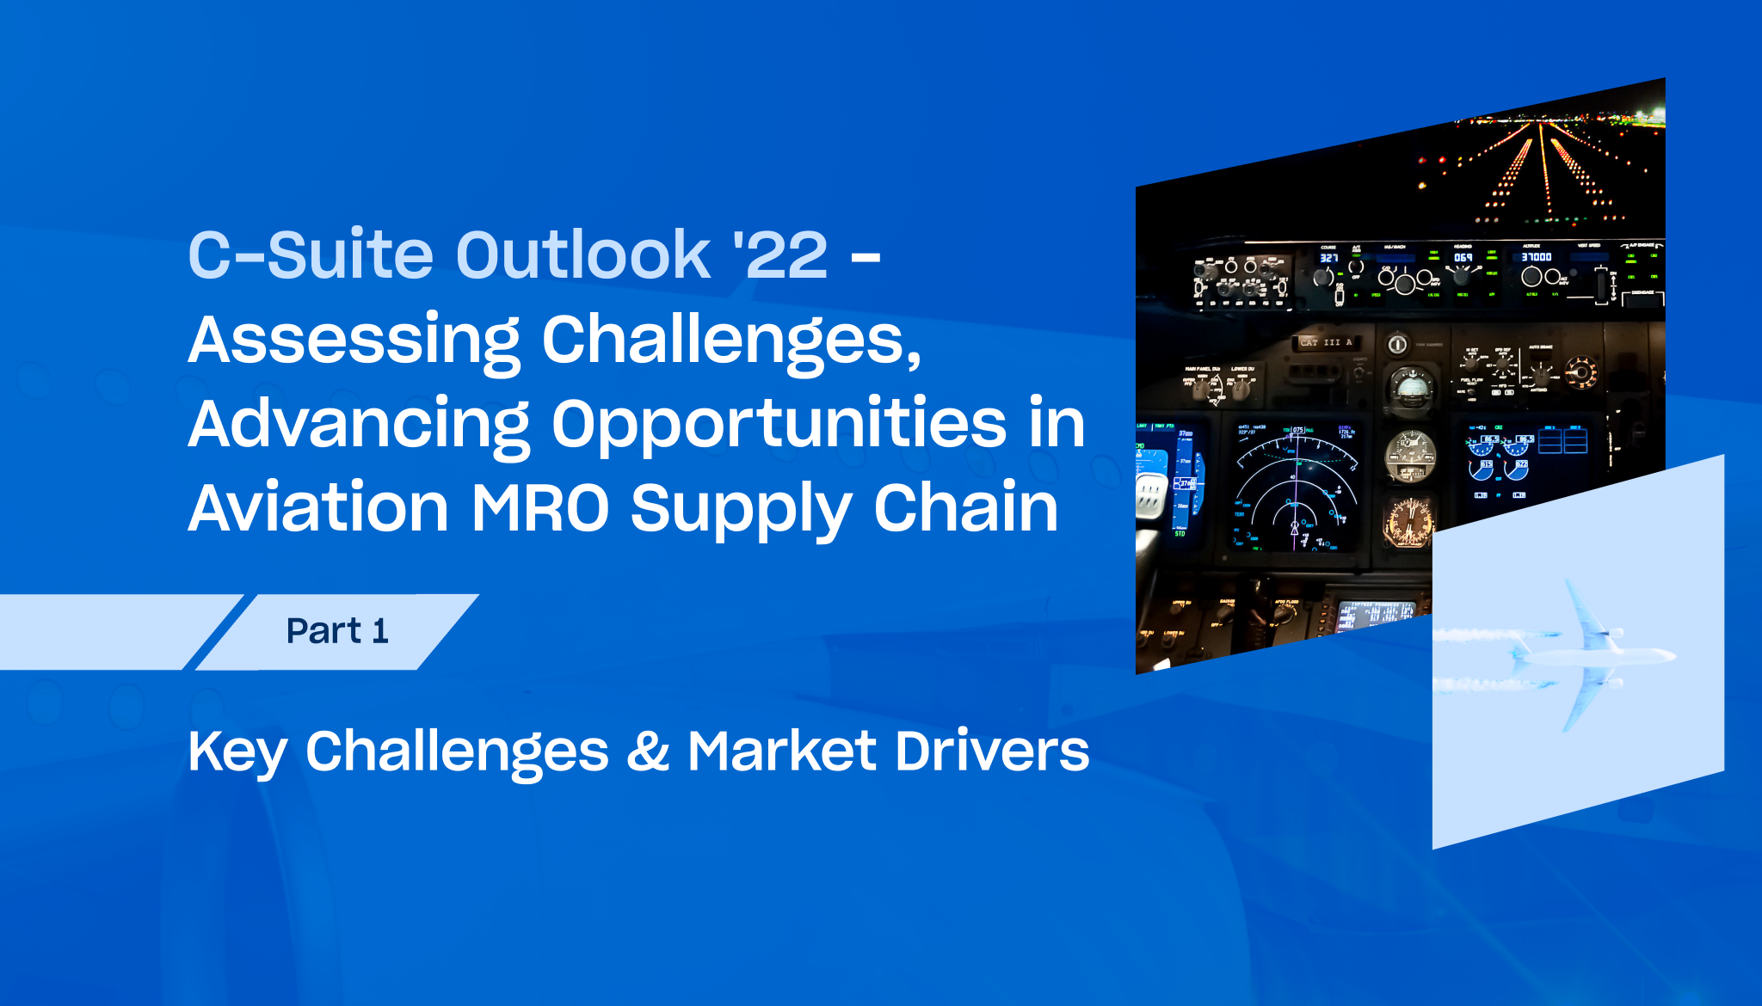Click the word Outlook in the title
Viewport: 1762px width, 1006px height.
point(582,255)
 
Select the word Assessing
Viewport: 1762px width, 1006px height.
point(354,341)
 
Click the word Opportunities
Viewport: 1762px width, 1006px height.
point(779,425)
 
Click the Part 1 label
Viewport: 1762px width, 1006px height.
point(337,631)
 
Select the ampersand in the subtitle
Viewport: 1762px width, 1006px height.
point(648,751)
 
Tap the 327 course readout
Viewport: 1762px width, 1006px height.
point(1329,258)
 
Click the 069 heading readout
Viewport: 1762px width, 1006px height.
point(1463,257)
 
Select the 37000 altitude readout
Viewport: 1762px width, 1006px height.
point(1536,256)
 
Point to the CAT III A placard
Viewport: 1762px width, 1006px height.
point(1326,342)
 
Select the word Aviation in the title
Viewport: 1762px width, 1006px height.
point(318,508)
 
